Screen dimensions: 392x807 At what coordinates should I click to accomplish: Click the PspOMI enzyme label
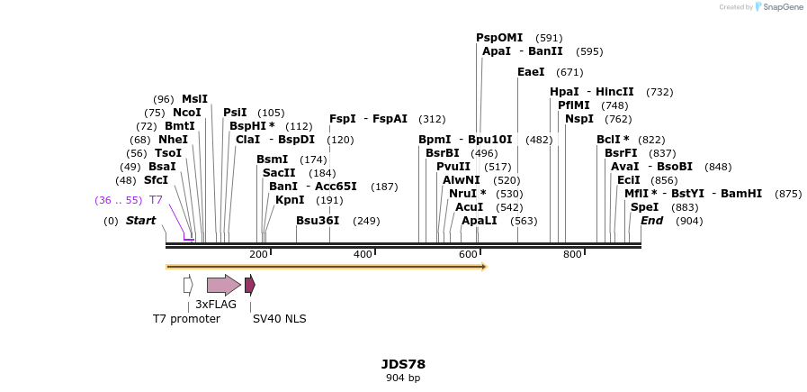pos(498,38)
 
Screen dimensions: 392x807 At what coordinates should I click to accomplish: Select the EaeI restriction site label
pos(531,72)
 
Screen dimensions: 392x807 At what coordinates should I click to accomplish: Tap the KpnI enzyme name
pos(290,200)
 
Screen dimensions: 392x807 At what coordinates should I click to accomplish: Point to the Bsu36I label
pos(318,221)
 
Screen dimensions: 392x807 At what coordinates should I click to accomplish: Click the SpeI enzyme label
pos(644,207)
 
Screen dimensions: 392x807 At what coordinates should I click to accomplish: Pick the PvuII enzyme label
pos(453,167)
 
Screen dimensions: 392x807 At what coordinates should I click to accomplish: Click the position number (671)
pos(569,72)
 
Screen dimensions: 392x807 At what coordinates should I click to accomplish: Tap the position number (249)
pos(366,221)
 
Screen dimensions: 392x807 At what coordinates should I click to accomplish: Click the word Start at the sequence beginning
pos(140,221)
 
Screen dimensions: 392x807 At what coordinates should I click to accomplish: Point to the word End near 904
pos(651,221)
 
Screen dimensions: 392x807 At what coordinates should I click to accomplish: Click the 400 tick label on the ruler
pos(363,255)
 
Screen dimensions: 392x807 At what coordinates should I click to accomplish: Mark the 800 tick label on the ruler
pos(572,255)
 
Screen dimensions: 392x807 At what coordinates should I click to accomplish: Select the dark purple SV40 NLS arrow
pos(250,285)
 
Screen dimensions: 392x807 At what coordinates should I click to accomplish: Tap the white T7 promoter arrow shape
pos(188,285)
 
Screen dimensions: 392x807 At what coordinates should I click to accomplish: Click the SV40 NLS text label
pos(279,319)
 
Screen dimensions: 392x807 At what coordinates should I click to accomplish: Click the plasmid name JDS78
pos(403,364)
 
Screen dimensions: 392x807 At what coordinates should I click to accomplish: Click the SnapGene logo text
pos(783,7)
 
